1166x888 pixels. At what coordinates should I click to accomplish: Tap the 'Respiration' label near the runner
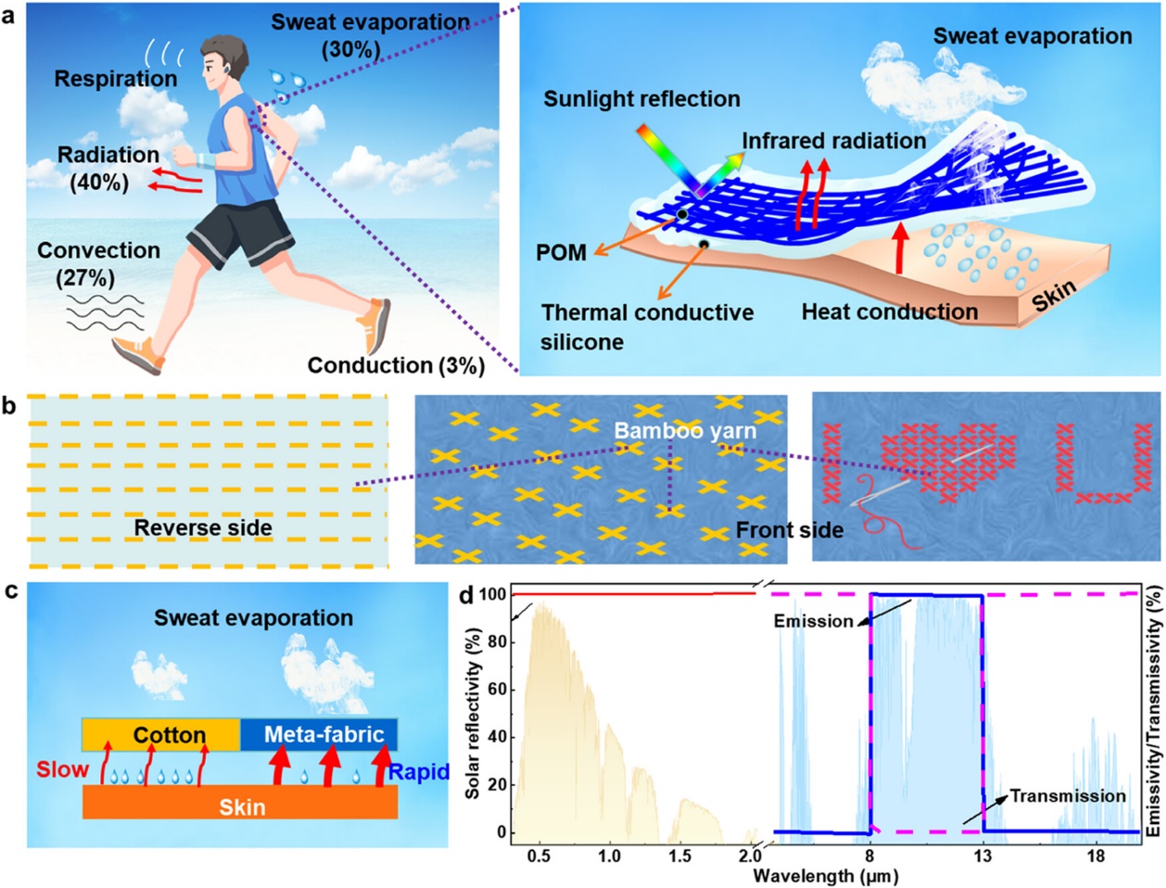pos(115,79)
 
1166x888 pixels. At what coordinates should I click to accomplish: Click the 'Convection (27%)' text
pos(98,263)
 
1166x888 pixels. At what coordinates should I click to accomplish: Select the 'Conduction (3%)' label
pos(396,365)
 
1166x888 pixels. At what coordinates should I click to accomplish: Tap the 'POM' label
pos(561,252)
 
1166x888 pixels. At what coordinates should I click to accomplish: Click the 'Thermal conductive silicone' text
pos(647,327)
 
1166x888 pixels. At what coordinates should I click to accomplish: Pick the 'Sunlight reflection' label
pos(641,99)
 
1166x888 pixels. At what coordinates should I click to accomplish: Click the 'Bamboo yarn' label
pos(685,430)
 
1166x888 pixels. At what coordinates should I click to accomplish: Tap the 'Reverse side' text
pos(203,527)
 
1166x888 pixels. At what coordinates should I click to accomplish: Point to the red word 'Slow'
pos(62,770)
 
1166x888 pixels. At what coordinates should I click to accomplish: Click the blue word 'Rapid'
pos(419,771)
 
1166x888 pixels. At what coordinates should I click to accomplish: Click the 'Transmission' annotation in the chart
pos(1068,796)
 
